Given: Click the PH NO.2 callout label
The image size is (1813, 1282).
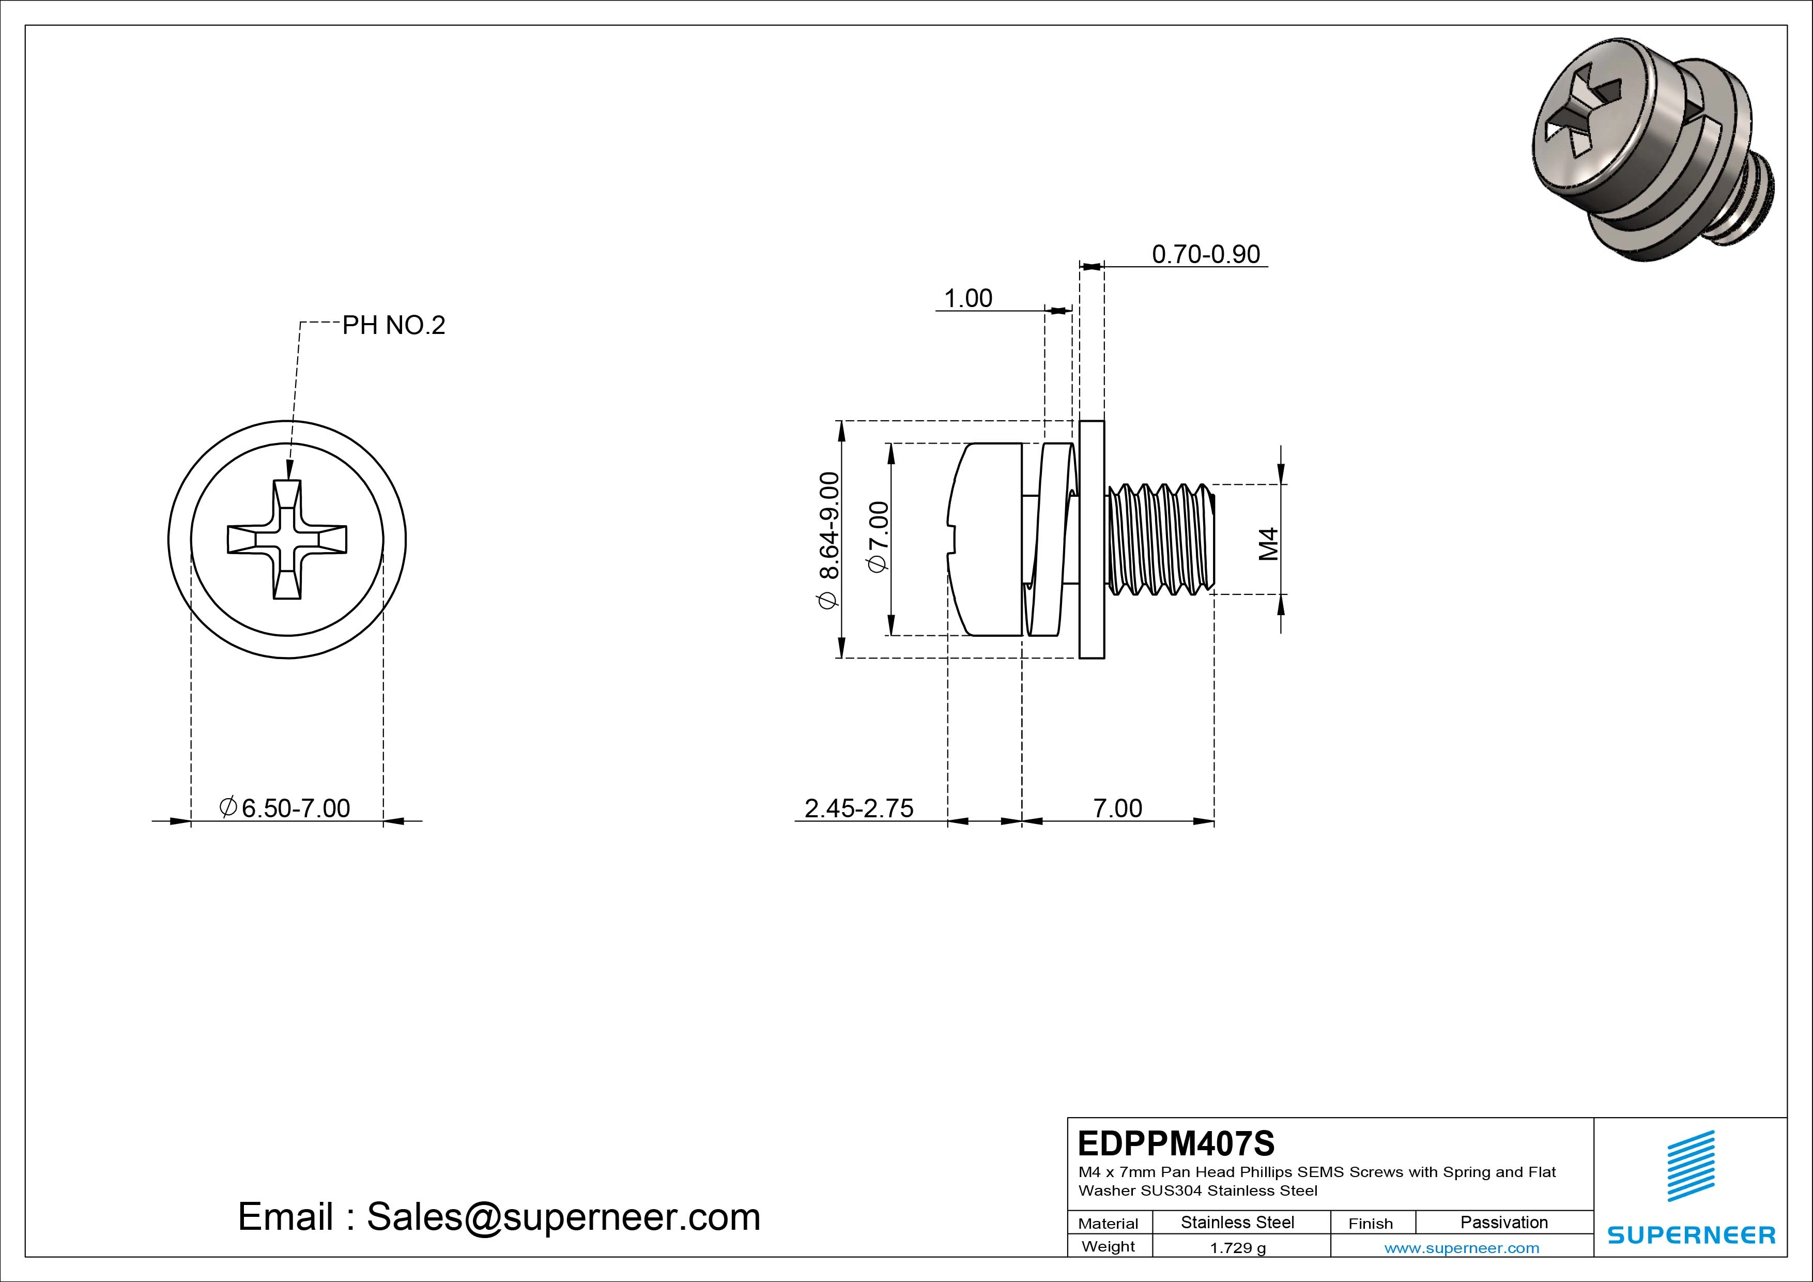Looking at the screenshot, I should coord(393,326).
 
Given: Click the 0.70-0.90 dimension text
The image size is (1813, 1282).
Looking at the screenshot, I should coord(1205,254).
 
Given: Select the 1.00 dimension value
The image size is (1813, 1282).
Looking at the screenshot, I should coord(968,299).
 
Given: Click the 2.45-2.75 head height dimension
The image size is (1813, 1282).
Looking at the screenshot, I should coord(858,808).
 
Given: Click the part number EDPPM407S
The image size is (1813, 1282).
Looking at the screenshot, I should coord(1176,1143).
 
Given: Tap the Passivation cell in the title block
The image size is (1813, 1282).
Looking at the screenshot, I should coord(1503,1222).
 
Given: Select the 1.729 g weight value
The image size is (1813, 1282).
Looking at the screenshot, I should coord(1237,1248).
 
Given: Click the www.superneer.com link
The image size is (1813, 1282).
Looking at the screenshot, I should coord(1462,1248).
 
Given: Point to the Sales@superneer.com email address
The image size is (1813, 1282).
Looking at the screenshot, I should coord(563,1217).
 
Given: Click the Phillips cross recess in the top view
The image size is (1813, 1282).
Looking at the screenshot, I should coord(287,540).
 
